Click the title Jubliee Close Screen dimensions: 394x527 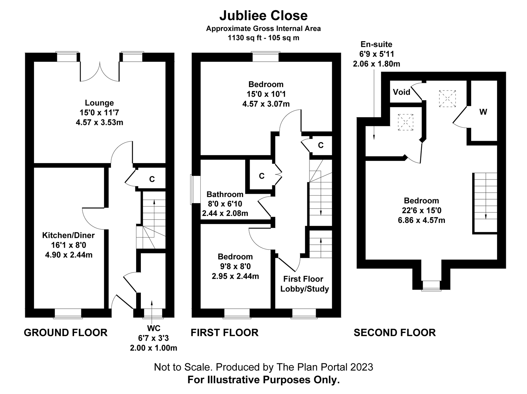(x=263, y=15)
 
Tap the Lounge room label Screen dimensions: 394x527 (x=99, y=103)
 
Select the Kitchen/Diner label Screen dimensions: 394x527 (x=68, y=235)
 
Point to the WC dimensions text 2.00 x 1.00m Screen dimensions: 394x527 (x=153, y=348)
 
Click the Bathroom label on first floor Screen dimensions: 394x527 (x=225, y=194)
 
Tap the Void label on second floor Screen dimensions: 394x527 (x=401, y=92)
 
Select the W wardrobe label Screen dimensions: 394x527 (x=483, y=112)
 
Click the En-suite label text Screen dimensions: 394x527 (x=376, y=45)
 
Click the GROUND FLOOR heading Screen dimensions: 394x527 (x=66, y=332)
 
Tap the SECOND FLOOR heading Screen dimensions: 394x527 (x=395, y=332)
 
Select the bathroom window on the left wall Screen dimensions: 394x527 (x=192, y=189)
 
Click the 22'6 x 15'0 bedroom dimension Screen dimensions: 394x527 (x=421, y=210)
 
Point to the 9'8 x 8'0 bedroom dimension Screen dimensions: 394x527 (x=235, y=266)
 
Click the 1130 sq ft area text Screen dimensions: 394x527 (x=263, y=38)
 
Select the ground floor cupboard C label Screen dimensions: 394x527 (x=152, y=179)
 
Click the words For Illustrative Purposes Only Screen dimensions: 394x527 (x=263, y=380)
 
